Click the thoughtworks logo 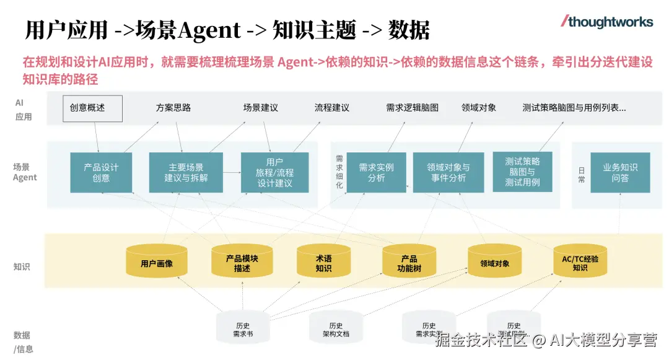pos(607,22)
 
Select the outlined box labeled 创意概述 pos(92,108)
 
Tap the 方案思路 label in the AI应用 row pos(173,108)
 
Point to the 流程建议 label pos(332,108)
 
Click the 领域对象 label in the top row pos(479,108)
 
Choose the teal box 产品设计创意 pos(101,172)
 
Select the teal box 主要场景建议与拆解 pos(186,172)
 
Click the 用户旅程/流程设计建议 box pos(274,172)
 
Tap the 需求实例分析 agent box pos(376,172)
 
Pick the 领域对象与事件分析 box pos(448,172)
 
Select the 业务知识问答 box pos(619,172)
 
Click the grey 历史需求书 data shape pos(243,328)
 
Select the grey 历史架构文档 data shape pos(336,328)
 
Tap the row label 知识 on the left pos(22,267)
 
